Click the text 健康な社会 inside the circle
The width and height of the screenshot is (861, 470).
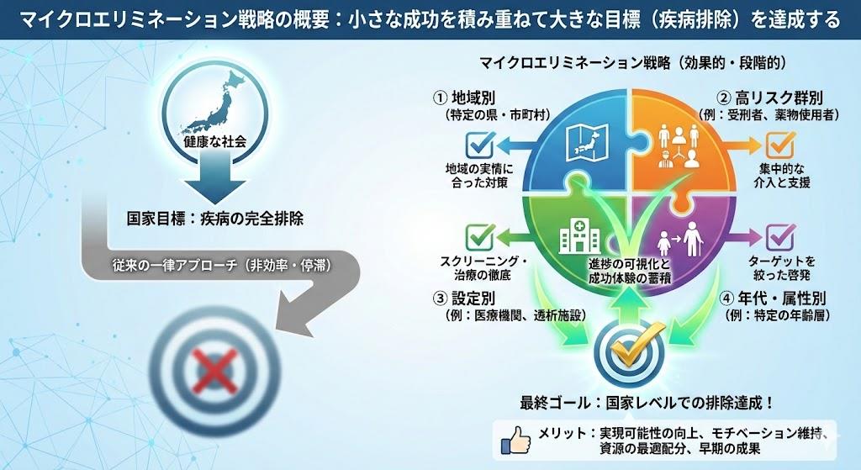tap(214, 142)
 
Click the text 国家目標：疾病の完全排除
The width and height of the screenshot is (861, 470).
tap(214, 218)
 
